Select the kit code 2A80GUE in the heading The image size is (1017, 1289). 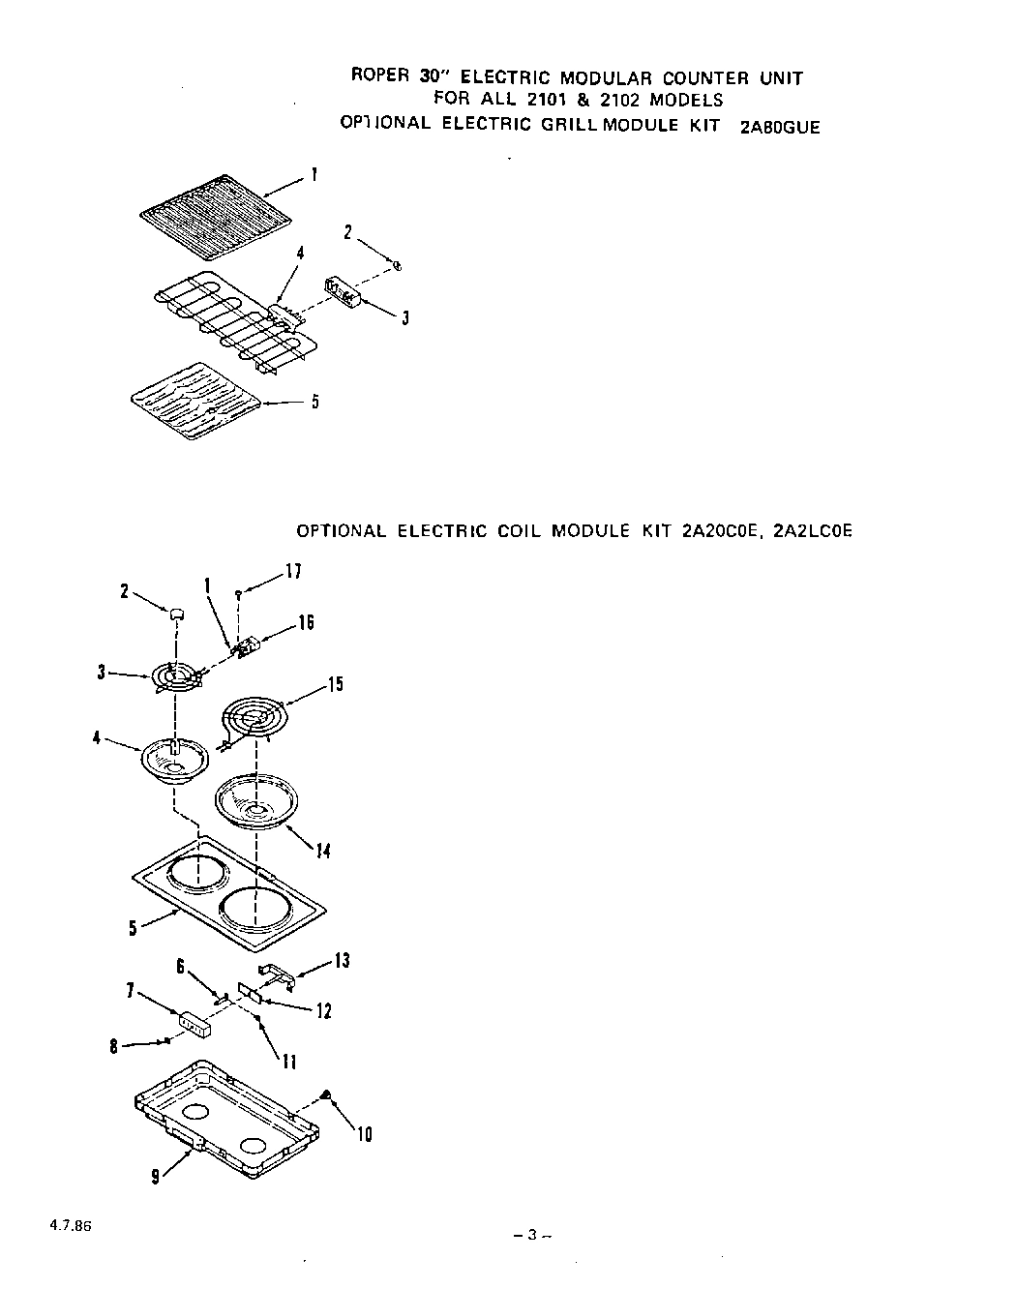click(779, 127)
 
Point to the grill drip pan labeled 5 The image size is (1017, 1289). click(194, 401)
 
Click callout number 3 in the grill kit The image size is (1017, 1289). click(404, 316)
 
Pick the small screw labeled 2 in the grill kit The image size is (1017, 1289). click(397, 264)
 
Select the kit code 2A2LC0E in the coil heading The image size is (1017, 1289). click(813, 531)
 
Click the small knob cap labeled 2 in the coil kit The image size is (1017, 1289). click(176, 613)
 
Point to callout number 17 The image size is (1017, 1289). click(293, 571)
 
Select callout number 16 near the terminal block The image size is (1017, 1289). click(305, 622)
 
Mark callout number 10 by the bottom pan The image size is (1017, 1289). click(364, 1133)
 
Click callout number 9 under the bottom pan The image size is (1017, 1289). click(155, 1178)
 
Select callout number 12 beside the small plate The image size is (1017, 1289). click(323, 1011)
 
